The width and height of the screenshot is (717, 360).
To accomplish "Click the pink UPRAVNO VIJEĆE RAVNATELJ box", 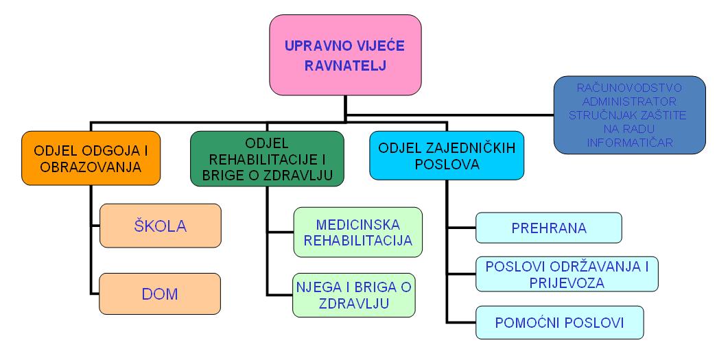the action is pos(345,55).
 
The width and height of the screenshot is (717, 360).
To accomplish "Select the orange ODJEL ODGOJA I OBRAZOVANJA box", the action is pos(91,158).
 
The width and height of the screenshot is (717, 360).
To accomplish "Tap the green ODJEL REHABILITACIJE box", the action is pos(267,158).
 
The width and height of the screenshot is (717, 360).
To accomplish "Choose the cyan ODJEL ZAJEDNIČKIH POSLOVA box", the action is pos(447,156).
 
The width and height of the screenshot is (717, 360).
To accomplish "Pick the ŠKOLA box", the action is pos(161,226).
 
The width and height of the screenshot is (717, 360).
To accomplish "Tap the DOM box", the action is pos(160,293).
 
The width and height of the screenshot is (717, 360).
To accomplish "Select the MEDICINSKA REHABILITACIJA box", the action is pos(358,232).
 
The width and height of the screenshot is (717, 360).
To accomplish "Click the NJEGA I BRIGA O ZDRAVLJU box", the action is pos(354,295).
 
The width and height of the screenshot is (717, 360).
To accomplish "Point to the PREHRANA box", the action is pos(549,228).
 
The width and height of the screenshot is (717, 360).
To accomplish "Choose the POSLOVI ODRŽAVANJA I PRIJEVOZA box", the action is pos(567,274).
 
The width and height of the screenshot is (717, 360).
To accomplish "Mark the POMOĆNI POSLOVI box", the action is pos(560,322).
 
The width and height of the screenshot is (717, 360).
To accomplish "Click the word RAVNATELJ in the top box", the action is pos(345,66).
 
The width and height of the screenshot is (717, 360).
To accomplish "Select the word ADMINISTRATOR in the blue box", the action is pos(629,101).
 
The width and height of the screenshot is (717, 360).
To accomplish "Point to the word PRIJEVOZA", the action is pos(567,283).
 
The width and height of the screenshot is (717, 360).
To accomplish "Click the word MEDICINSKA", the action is pos(358,225).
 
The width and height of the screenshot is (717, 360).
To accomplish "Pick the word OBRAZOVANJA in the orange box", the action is pos(91,167).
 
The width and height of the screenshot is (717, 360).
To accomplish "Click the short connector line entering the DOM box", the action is pos(95,293).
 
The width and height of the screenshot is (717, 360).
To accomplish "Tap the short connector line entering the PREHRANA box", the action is pos(461,228).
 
